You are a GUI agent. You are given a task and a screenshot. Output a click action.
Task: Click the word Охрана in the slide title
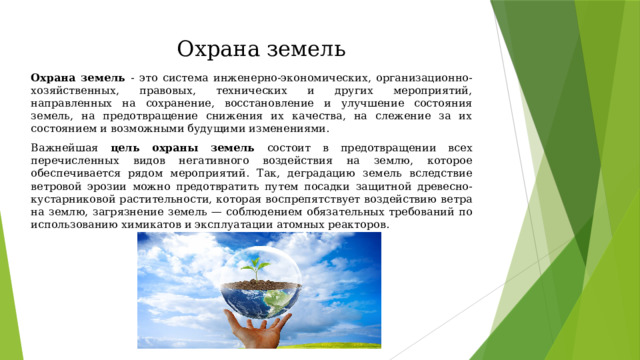pyautogui.click(x=218, y=49)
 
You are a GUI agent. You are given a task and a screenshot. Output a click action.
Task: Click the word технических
pyautogui.click(x=251, y=91)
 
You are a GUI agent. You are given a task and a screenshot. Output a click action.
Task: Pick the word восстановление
pyautogui.click(x=269, y=104)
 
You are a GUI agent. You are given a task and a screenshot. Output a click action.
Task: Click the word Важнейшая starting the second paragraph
pyautogui.click(x=64, y=148)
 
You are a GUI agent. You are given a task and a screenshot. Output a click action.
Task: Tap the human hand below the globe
pyautogui.click(x=256, y=328)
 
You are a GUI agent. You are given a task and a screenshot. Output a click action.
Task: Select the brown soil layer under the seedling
pyautogui.click(x=260, y=284)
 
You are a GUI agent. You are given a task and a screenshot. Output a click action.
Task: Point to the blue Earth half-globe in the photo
pyautogui.click(x=260, y=302)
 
